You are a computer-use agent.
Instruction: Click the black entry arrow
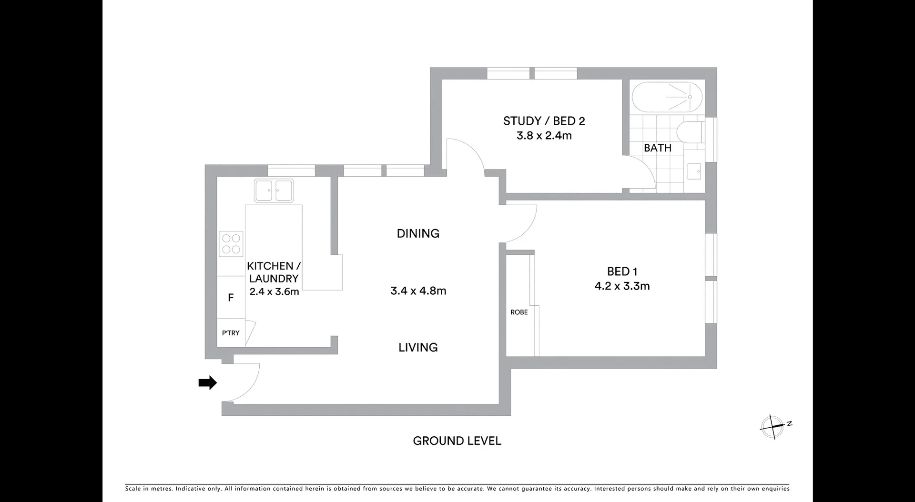pos(207,382)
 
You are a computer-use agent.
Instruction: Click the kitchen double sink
pos(274,191)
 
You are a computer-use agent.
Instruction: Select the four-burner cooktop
pos(231,243)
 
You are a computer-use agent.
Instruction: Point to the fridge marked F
pos(231,298)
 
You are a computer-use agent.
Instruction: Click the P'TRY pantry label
pos(231,333)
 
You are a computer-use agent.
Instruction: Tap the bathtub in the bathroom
pos(667,97)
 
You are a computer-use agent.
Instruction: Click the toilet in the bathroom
pos(689,132)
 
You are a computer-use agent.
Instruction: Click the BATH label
pos(657,148)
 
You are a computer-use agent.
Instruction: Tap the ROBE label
pos(519,312)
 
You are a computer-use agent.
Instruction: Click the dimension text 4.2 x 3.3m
pos(622,286)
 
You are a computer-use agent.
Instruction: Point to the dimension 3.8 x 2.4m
pos(544,135)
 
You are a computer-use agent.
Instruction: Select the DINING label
pos(418,233)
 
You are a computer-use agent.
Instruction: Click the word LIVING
pos(418,347)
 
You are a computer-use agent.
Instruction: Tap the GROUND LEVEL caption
pos(457,441)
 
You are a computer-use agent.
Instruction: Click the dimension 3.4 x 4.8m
pos(418,291)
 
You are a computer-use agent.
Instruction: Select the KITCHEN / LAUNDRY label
pos(274,272)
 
